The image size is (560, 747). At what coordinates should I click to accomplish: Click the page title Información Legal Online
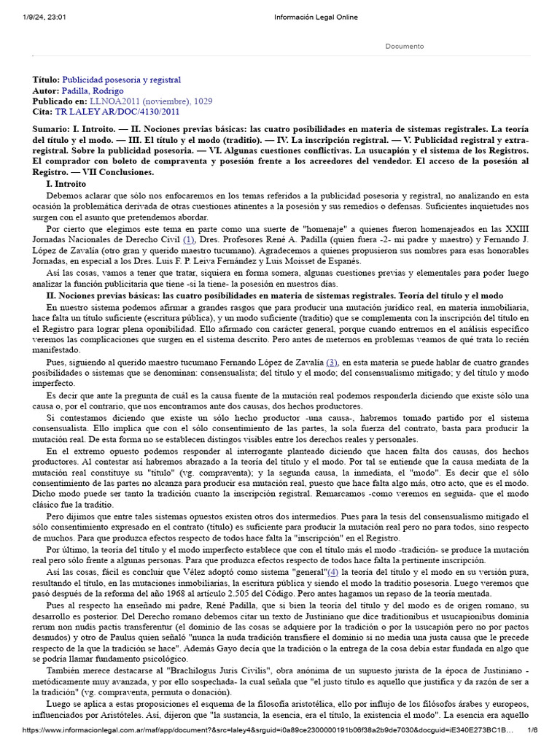[x=315, y=18]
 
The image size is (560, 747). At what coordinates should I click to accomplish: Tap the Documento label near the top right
[x=404, y=46]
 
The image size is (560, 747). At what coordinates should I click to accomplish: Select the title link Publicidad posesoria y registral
[x=121, y=80]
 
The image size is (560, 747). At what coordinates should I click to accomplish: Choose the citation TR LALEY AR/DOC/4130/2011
[x=117, y=112]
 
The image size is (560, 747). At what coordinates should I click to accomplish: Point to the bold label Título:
[x=46, y=80]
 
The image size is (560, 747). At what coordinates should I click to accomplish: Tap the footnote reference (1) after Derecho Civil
[x=189, y=239]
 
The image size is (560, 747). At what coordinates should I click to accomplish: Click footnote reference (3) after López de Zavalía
[x=332, y=362]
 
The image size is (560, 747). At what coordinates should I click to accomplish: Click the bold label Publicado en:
[x=60, y=101]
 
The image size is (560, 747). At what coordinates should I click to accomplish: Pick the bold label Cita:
[x=43, y=112]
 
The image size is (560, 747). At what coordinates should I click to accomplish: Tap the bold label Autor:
[x=45, y=90]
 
